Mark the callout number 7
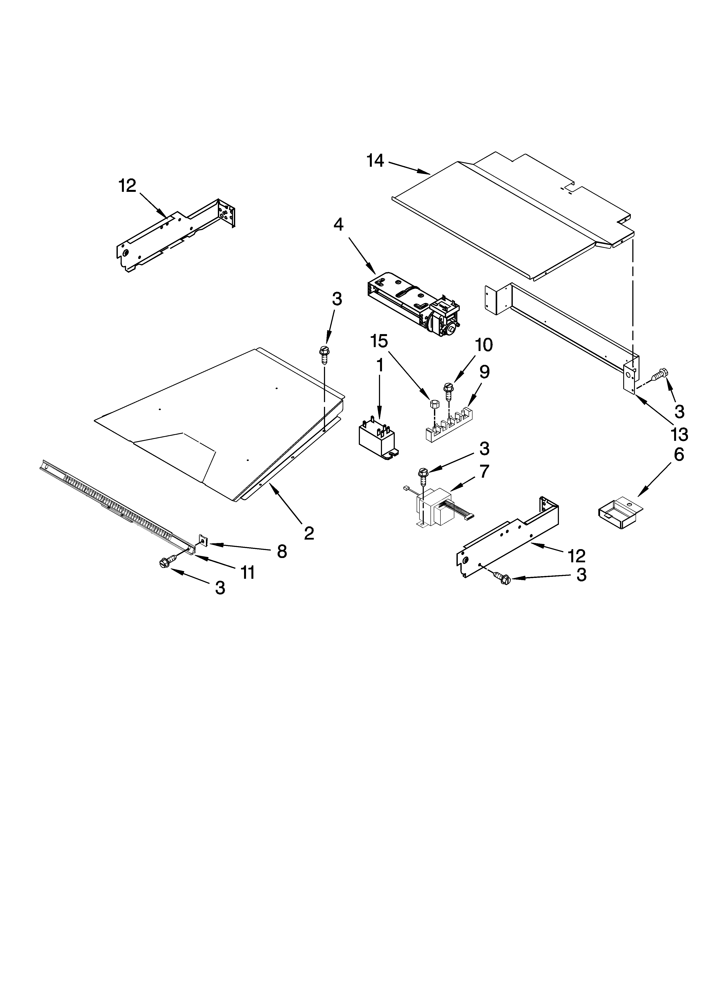484,472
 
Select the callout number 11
247,573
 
